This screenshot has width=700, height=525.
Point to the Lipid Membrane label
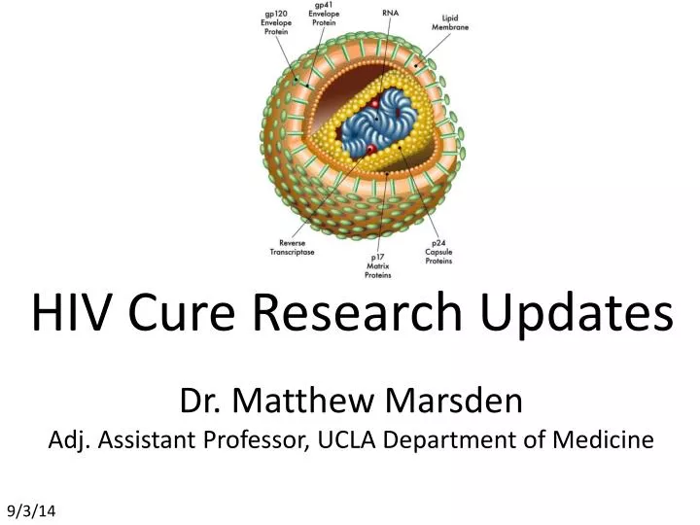pos(450,23)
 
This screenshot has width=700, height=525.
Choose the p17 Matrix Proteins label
pos(378,264)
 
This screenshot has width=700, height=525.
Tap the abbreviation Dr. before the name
pos(199,399)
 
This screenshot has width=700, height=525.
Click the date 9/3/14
pos(33,510)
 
